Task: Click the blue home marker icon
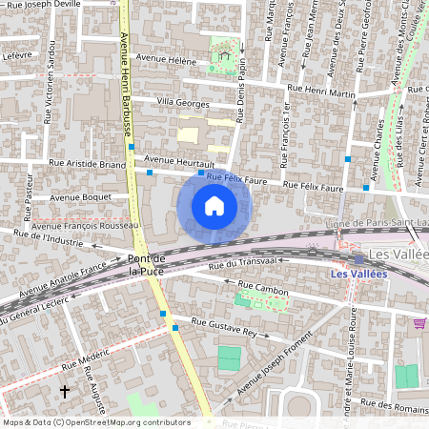214,206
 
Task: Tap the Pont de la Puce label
147,265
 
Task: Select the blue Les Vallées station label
357,275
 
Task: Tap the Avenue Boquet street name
81,197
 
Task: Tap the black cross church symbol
65,392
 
